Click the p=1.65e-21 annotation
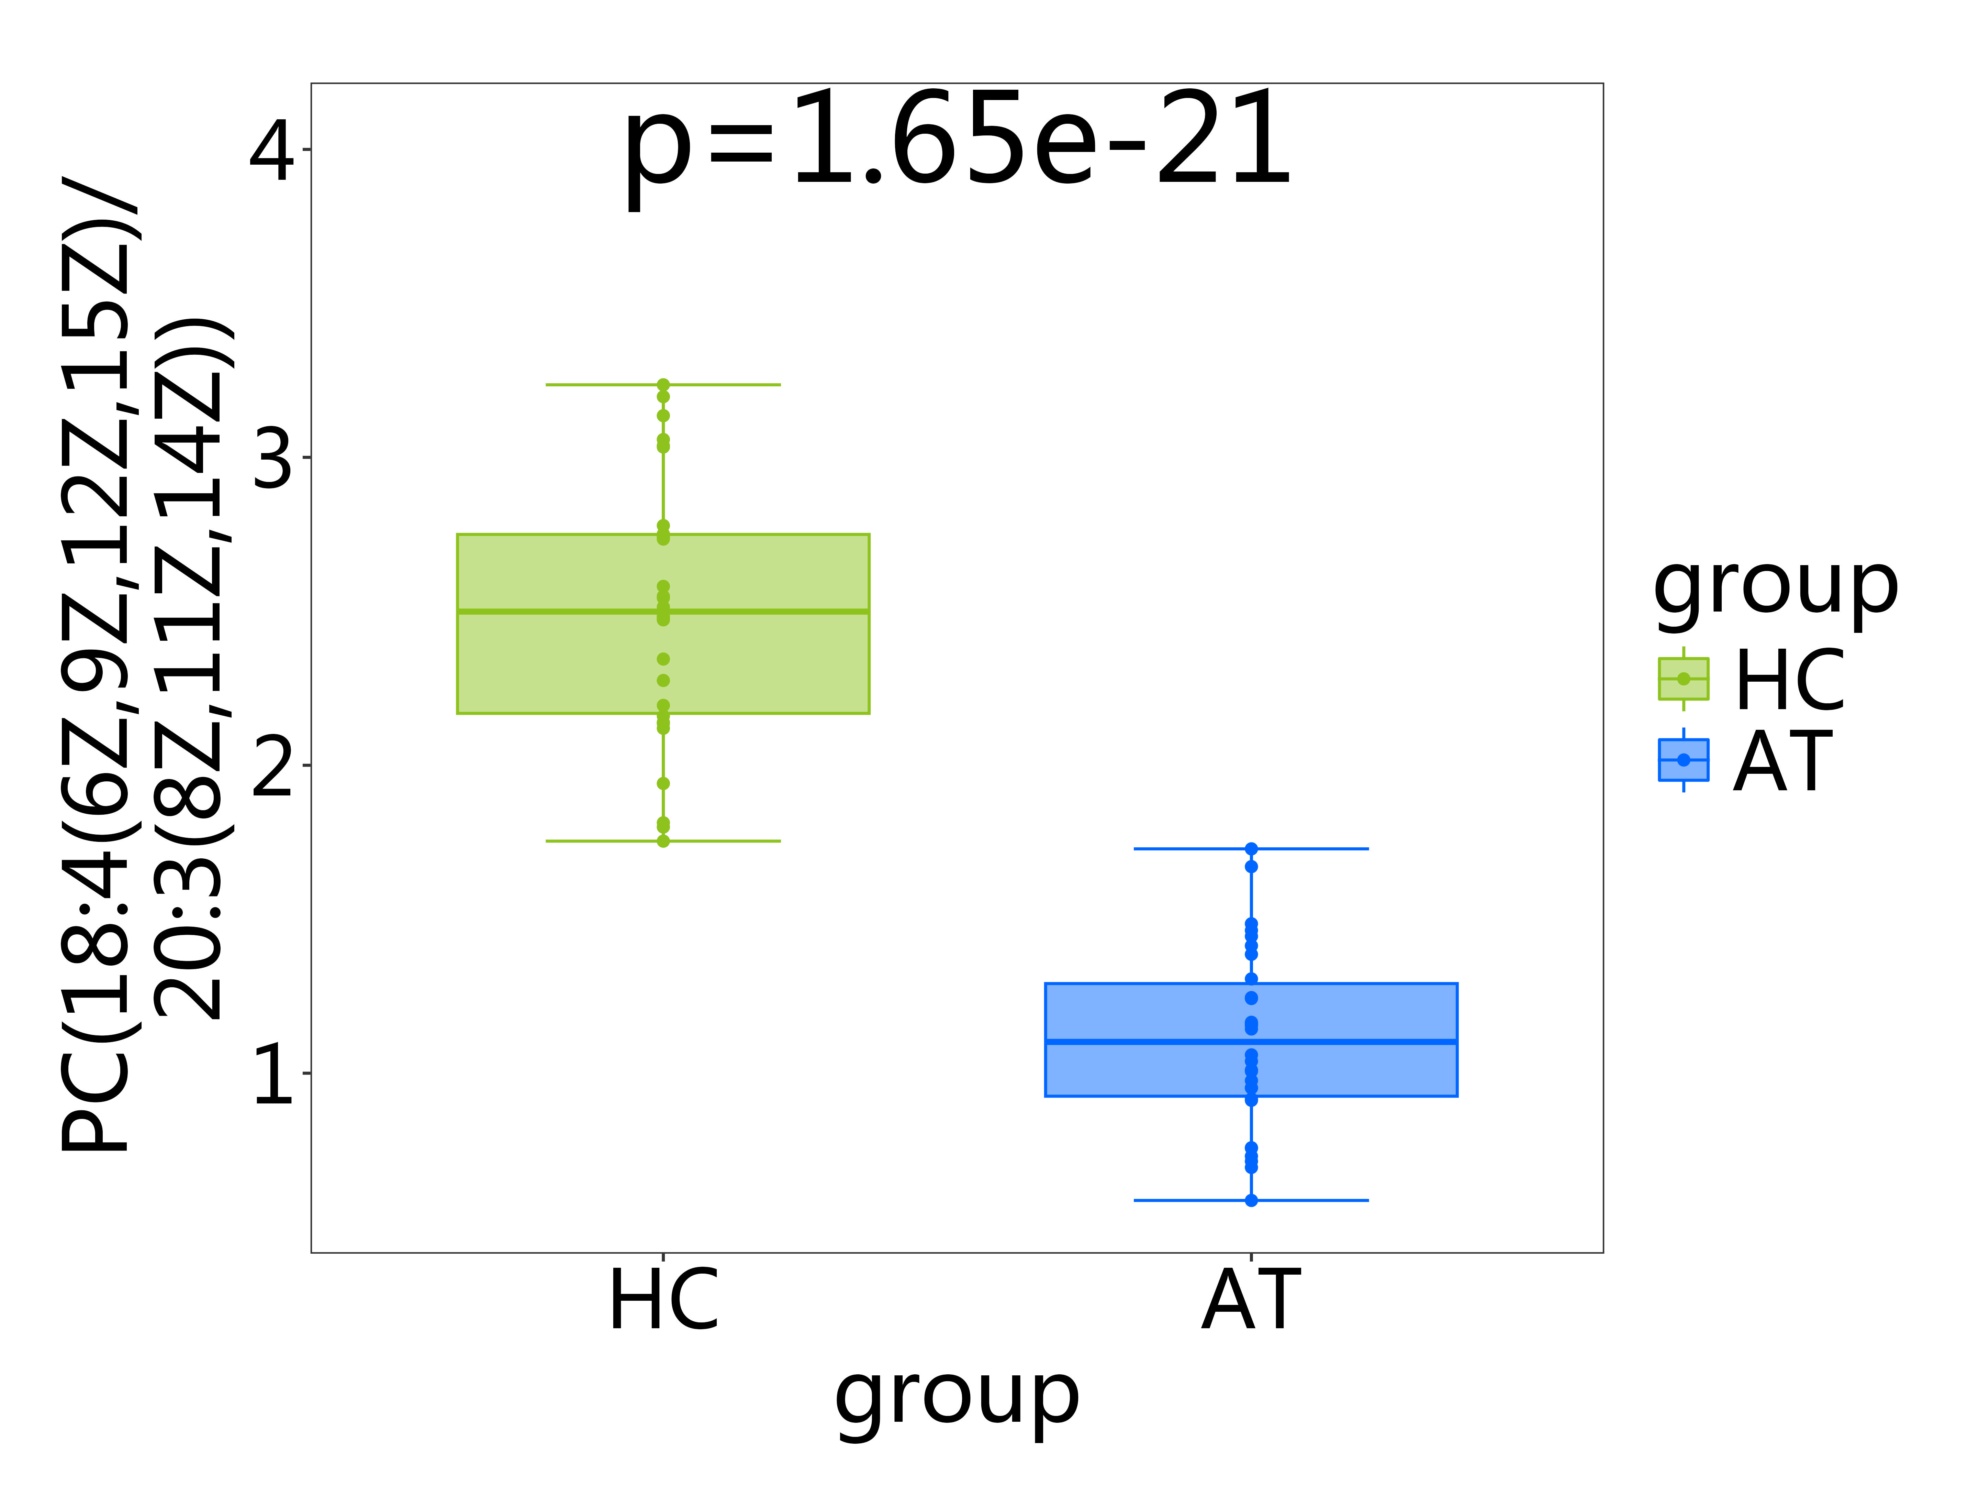(x=957, y=141)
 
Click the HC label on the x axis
(x=663, y=1300)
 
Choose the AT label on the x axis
(x=1251, y=1300)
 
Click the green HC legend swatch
(x=1683, y=679)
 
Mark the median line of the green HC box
(x=663, y=612)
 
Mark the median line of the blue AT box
(x=1251, y=1041)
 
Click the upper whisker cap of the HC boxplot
(x=663, y=385)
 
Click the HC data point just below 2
(x=663, y=783)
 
